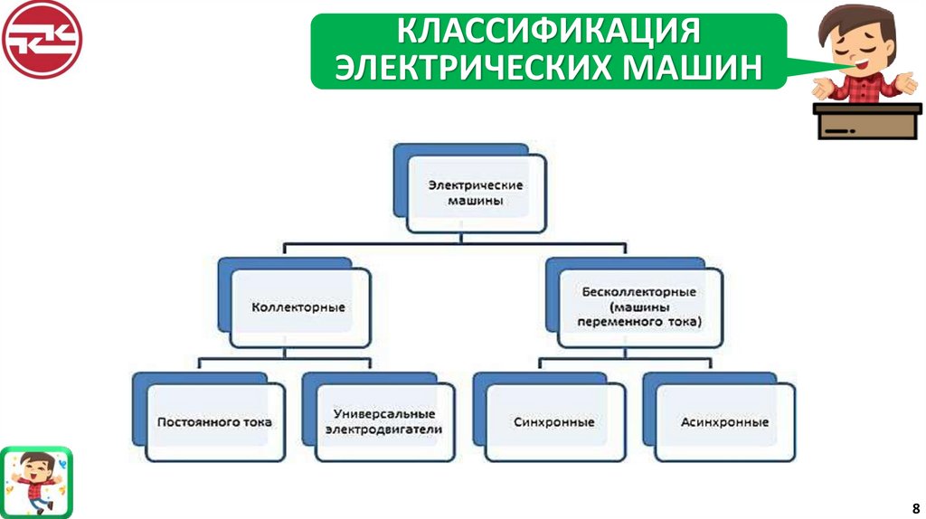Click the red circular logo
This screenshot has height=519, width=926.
pyautogui.click(x=41, y=40)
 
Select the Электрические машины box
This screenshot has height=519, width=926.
pyautogui.click(x=476, y=193)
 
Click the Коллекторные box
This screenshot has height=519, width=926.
pyautogui.click(x=298, y=307)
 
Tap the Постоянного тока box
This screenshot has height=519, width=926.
pyautogui.click(x=214, y=422)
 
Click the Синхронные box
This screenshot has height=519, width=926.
pyautogui.click(x=553, y=422)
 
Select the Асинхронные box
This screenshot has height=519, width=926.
pyautogui.click(x=724, y=422)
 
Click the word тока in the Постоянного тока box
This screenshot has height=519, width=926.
pyautogui.click(x=256, y=422)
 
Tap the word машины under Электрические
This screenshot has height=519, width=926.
pyautogui.click(x=476, y=201)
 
